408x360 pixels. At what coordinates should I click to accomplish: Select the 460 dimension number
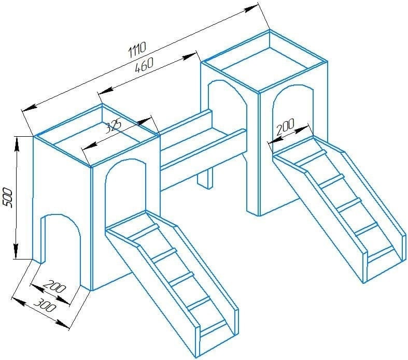click(145, 65)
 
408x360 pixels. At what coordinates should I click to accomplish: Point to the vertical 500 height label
click(8, 198)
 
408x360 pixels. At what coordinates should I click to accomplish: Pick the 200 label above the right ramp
click(285, 126)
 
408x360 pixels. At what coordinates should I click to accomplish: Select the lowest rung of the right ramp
click(381, 254)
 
